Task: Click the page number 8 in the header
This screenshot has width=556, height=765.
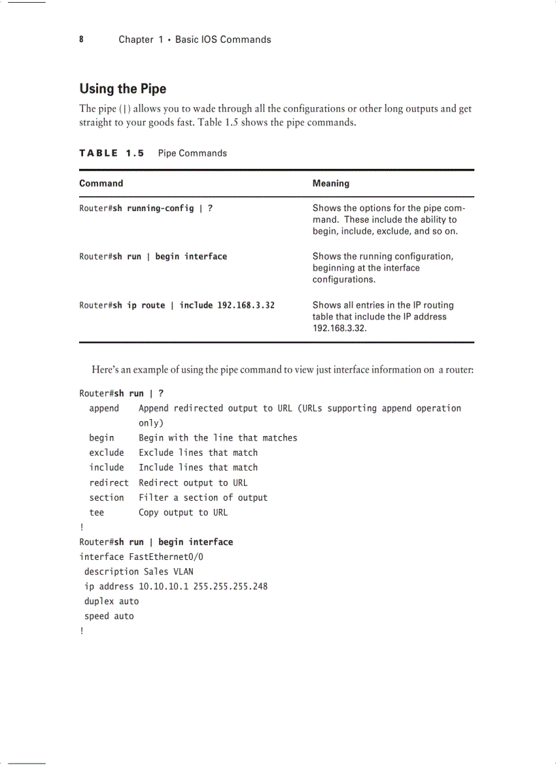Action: tap(81, 40)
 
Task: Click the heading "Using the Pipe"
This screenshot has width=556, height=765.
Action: tap(123, 89)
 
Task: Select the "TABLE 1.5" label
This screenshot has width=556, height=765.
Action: tap(112, 153)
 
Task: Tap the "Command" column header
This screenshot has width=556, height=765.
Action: tap(101, 183)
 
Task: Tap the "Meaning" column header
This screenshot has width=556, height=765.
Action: tap(330, 183)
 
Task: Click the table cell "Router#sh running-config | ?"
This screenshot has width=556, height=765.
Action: tap(146, 208)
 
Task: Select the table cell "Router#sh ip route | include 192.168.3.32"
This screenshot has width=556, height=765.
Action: tap(176, 305)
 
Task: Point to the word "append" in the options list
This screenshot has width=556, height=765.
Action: tap(104, 408)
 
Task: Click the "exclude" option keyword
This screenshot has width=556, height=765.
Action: tap(106, 452)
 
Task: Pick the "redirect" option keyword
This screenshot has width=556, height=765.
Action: tap(108, 482)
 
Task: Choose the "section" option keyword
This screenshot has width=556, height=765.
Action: tap(106, 497)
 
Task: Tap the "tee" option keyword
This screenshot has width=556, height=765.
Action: tap(97, 512)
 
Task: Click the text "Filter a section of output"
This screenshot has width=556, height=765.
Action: tap(203, 497)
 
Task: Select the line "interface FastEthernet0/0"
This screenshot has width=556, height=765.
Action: tap(141, 557)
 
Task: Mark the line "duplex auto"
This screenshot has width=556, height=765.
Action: tap(111, 602)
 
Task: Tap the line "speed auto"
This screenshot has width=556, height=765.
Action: tap(109, 616)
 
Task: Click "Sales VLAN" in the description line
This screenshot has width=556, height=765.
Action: tap(168, 572)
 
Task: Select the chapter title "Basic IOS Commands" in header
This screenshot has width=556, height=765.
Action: tap(223, 40)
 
